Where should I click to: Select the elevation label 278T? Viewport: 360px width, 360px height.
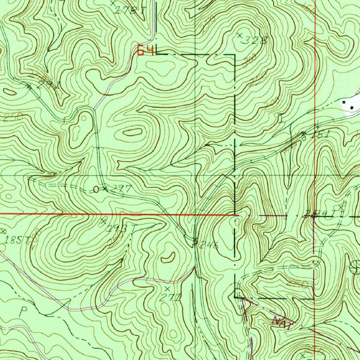point(130,11)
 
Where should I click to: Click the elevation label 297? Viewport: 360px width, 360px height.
point(121,189)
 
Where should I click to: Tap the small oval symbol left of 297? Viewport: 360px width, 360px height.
point(97,189)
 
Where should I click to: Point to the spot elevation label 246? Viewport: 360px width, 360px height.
point(209,245)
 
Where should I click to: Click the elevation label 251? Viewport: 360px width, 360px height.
point(320,134)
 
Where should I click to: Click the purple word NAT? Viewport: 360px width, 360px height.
point(282,322)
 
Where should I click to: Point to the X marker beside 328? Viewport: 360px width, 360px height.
point(240,35)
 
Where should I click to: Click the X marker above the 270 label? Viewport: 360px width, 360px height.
point(167,289)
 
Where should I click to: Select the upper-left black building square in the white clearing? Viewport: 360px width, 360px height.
point(345,102)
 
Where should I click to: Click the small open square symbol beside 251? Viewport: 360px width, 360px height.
point(304,139)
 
